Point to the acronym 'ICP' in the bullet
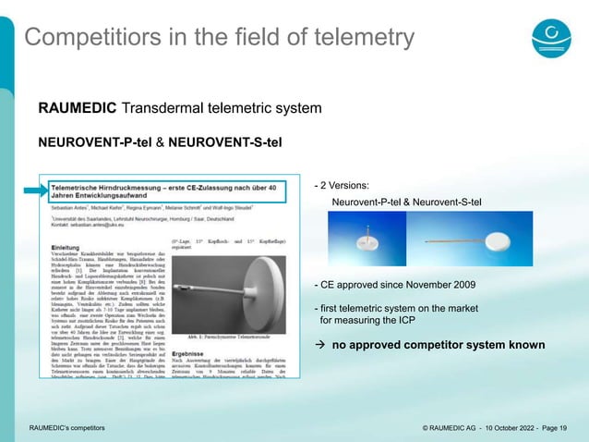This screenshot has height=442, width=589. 405,320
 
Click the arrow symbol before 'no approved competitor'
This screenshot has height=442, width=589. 320,346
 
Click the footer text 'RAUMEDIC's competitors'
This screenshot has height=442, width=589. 66,427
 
